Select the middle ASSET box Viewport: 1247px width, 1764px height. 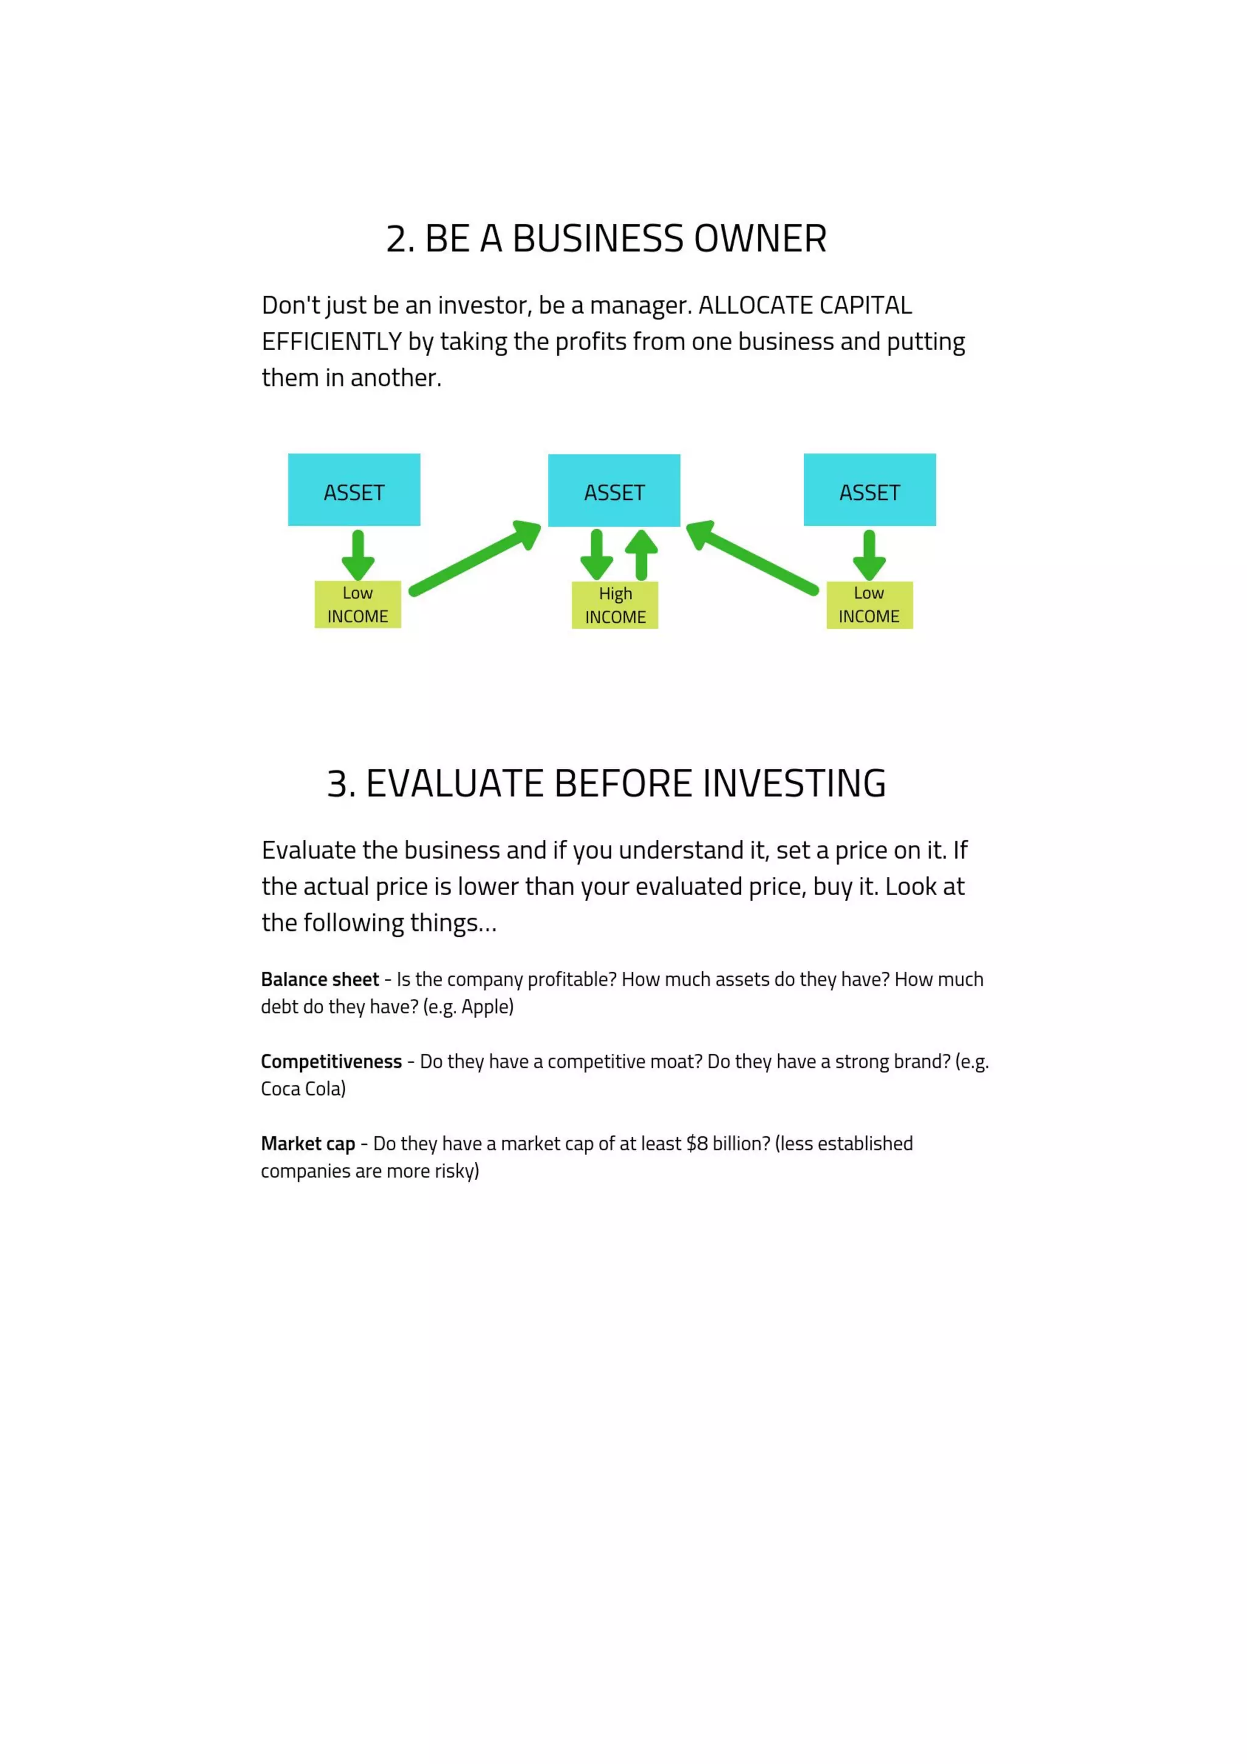[x=613, y=490]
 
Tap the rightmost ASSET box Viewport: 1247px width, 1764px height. [x=869, y=490]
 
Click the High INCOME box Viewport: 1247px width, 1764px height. [x=614, y=605]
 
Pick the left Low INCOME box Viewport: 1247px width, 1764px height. [x=357, y=605]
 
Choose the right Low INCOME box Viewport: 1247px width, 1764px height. [x=869, y=605]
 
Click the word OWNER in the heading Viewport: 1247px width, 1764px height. [x=760, y=239]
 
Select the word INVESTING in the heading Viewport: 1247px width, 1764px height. [x=794, y=784]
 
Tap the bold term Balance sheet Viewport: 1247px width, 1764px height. [x=320, y=980]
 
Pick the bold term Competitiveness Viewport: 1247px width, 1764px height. [x=331, y=1062]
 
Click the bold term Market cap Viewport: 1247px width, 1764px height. [x=308, y=1144]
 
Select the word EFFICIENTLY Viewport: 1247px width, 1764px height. [x=331, y=342]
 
